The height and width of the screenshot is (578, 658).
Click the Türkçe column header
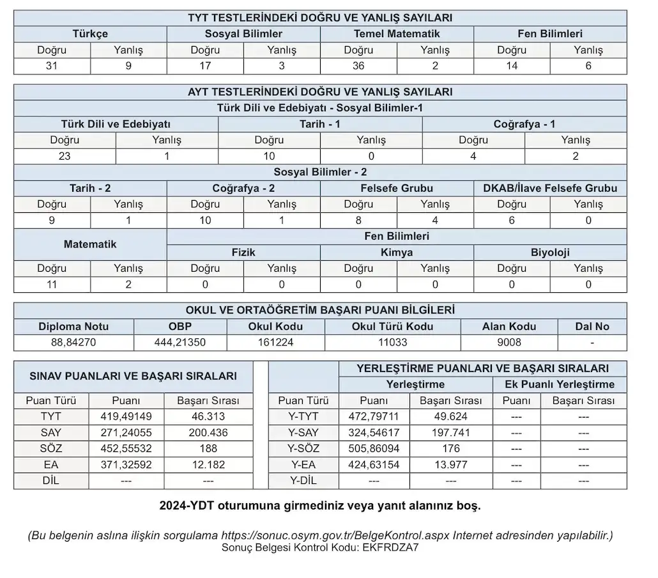coord(90,34)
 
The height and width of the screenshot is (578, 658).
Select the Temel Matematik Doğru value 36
coord(358,65)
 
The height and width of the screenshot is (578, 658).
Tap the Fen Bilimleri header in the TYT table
coord(550,34)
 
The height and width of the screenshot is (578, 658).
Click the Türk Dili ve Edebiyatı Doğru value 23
coord(65,156)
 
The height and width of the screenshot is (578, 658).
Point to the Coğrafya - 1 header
coord(524,124)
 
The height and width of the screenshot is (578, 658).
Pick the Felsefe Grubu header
coord(397,188)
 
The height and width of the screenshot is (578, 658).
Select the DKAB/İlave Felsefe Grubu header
coord(550,188)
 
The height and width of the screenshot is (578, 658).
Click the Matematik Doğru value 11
coord(52,285)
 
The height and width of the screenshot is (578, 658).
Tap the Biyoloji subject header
coord(550,252)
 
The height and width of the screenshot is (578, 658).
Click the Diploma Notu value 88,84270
coord(73,342)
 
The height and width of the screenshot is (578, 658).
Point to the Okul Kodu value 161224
coord(275,342)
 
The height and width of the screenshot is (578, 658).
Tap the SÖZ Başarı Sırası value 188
coord(208,449)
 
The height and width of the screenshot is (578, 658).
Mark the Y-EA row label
coord(303,465)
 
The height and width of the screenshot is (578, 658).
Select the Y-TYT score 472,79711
coord(374,417)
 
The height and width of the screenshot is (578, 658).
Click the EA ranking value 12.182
coord(208,465)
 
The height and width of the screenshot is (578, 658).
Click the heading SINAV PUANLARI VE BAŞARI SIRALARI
coord(134,377)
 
